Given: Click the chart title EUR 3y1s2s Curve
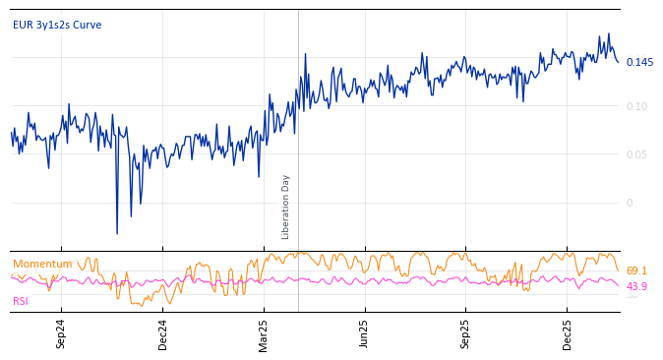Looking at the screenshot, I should pyautogui.click(x=57, y=25).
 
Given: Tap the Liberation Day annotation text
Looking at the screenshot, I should pyautogui.click(x=286, y=207).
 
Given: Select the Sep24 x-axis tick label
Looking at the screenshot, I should pyautogui.click(x=61, y=333).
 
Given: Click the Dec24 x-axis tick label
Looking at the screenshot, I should pyautogui.click(x=163, y=333).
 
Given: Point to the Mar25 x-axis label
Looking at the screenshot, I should pyautogui.click(x=264, y=333).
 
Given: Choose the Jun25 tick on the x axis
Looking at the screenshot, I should pyautogui.click(x=364, y=333).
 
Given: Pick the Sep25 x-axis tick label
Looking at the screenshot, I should pyautogui.click(x=465, y=333).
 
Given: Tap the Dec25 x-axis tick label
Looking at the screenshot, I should pyautogui.click(x=567, y=333).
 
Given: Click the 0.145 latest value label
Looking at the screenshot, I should pyautogui.click(x=639, y=63).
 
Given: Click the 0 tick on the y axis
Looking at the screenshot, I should pyautogui.click(x=630, y=203).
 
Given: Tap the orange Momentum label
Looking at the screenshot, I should pyautogui.click(x=42, y=264).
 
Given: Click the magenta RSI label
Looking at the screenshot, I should pyautogui.click(x=21, y=301).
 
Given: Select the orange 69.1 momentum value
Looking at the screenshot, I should pyautogui.click(x=636, y=270).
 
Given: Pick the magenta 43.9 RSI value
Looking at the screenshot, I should pyautogui.click(x=636, y=286).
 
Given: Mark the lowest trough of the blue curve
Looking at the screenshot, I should pyautogui.click(x=117, y=233).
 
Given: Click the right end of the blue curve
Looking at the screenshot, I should pyautogui.click(x=619, y=62).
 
